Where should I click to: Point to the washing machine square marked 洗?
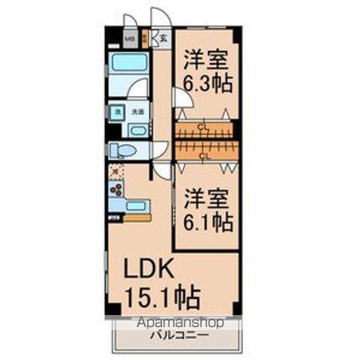tap(117, 112)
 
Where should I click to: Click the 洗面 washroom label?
tap(137, 112)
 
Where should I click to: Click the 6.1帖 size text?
tap(208, 222)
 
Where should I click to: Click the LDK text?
tap(147, 269)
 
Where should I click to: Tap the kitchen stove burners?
tap(116, 191)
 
